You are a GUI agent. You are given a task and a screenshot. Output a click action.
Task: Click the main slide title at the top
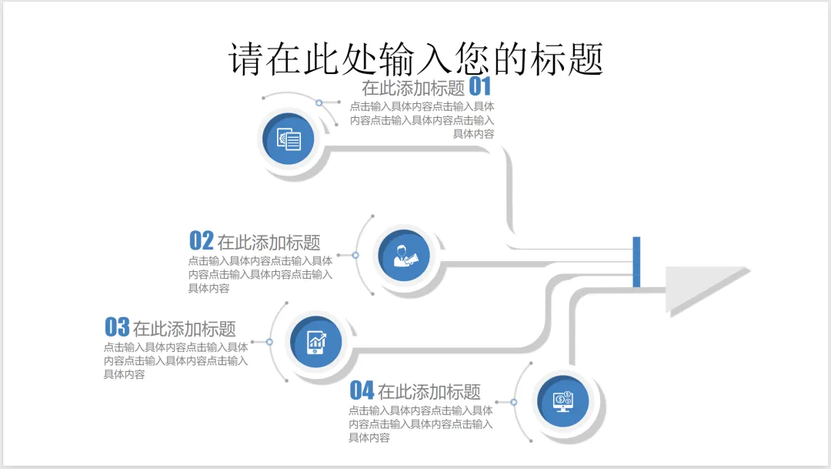pos(415,59)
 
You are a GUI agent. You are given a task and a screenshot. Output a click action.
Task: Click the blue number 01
pos(480,86)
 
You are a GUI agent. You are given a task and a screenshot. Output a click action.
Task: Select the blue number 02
pos(201,241)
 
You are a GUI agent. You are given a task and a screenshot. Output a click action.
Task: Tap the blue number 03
pos(117,327)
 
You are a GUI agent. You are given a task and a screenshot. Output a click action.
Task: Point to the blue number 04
pos(362,390)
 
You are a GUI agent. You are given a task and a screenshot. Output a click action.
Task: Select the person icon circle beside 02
pos(404,256)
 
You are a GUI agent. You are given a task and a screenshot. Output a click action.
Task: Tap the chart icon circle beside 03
pos(317,341)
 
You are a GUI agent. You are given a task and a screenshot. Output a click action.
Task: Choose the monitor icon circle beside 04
pos(562,400)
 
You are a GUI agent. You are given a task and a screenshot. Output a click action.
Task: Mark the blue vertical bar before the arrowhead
pos(636,262)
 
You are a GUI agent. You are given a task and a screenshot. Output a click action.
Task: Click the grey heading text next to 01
pos(413,88)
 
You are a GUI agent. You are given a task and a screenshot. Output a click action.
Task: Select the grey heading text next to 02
pos(269,243)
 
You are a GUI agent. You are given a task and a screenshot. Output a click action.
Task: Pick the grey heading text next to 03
pos(184,329)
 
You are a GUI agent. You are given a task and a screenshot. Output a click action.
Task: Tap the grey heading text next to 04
pos(429,392)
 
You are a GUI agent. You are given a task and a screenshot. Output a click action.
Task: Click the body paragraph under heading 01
pos(422,120)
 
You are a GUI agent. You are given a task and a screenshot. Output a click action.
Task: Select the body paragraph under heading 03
pos(175,360)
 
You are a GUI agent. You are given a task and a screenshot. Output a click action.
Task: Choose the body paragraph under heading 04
pos(420,424)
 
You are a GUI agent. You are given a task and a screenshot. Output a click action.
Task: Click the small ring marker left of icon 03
pos(269,341)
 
